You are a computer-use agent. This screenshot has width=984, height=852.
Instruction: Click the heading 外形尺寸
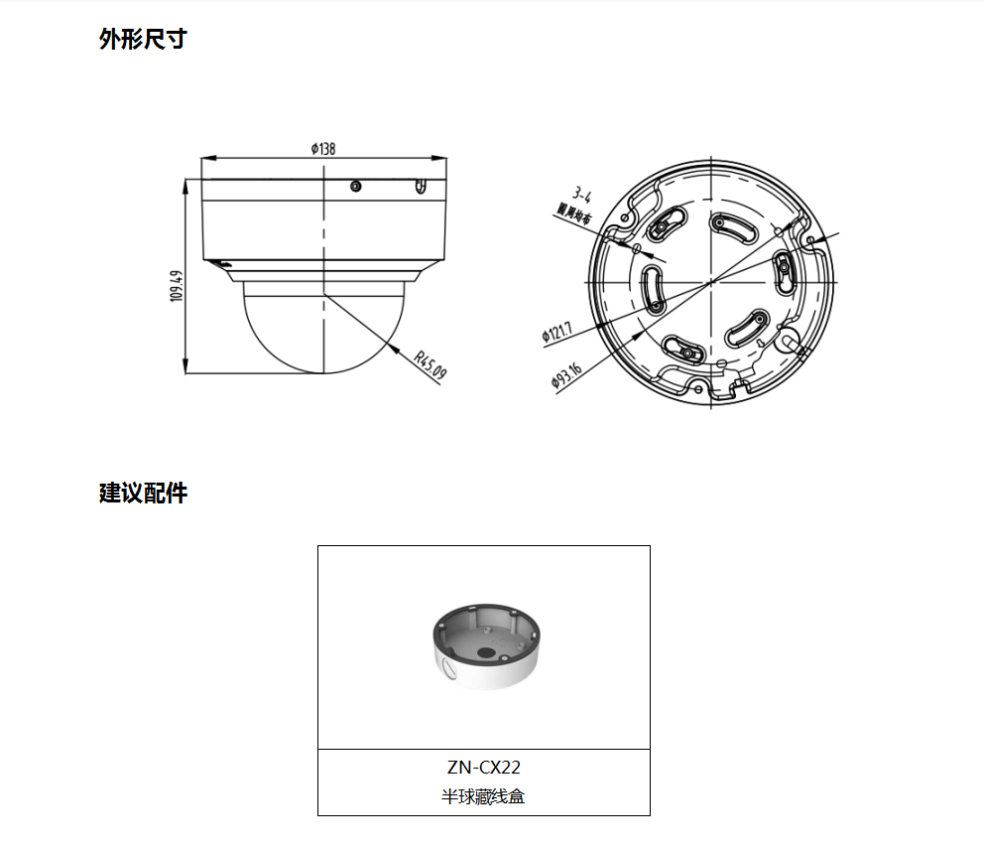[x=143, y=40]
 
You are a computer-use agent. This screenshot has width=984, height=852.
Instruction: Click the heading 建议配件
[x=143, y=493]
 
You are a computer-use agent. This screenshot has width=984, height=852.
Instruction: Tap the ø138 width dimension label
[x=323, y=149]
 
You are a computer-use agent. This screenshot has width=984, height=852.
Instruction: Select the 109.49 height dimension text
[x=177, y=286]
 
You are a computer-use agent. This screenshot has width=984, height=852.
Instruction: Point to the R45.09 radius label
[x=430, y=364]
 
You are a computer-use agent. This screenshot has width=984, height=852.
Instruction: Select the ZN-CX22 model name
[x=483, y=767]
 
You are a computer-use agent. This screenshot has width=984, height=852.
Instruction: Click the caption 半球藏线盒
[x=483, y=796]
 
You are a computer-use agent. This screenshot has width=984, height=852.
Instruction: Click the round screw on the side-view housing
[x=356, y=186]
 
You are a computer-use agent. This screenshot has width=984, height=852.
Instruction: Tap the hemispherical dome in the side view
[x=323, y=328]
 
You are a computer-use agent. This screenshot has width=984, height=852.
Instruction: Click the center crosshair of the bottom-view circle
[x=711, y=283]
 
